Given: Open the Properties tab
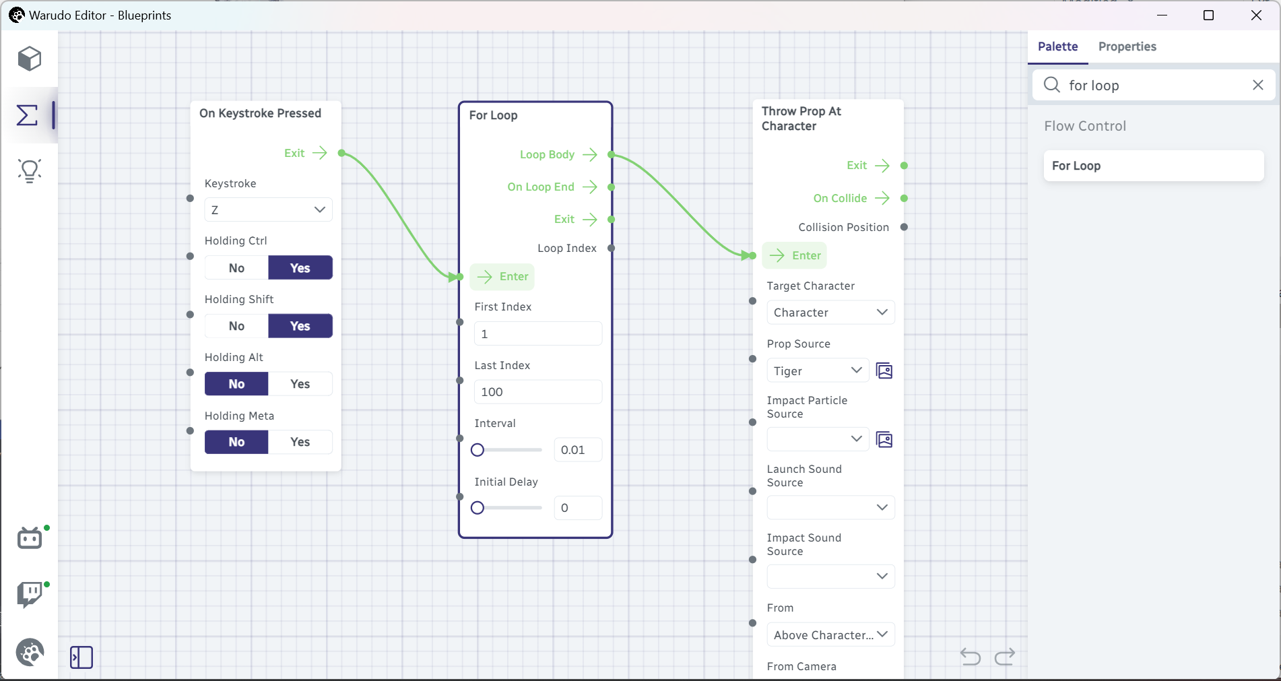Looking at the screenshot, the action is click(1127, 46).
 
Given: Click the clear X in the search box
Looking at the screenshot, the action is click(1257, 85).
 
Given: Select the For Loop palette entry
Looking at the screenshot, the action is click(1153, 166).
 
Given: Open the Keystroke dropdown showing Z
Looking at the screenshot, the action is click(268, 209).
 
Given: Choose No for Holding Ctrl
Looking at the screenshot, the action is click(236, 268).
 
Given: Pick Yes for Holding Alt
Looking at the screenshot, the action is click(300, 384).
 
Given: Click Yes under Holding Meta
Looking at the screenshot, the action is click(300, 442).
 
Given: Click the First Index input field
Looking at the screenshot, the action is click(538, 333).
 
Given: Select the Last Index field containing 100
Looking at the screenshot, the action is click(538, 392).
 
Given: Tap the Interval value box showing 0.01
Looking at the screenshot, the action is click(578, 450).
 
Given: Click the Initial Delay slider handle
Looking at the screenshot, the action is click(478, 508).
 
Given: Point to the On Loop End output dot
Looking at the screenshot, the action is click(612, 187).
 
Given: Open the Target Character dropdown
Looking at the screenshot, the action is click(830, 313).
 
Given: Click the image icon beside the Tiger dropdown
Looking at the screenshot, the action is click(884, 370).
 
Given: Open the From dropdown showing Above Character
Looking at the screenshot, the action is click(830, 635).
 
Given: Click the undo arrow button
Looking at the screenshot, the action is click(970, 656).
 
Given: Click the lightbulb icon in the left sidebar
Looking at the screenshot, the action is click(30, 171).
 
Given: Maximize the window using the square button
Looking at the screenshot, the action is click(1208, 15).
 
